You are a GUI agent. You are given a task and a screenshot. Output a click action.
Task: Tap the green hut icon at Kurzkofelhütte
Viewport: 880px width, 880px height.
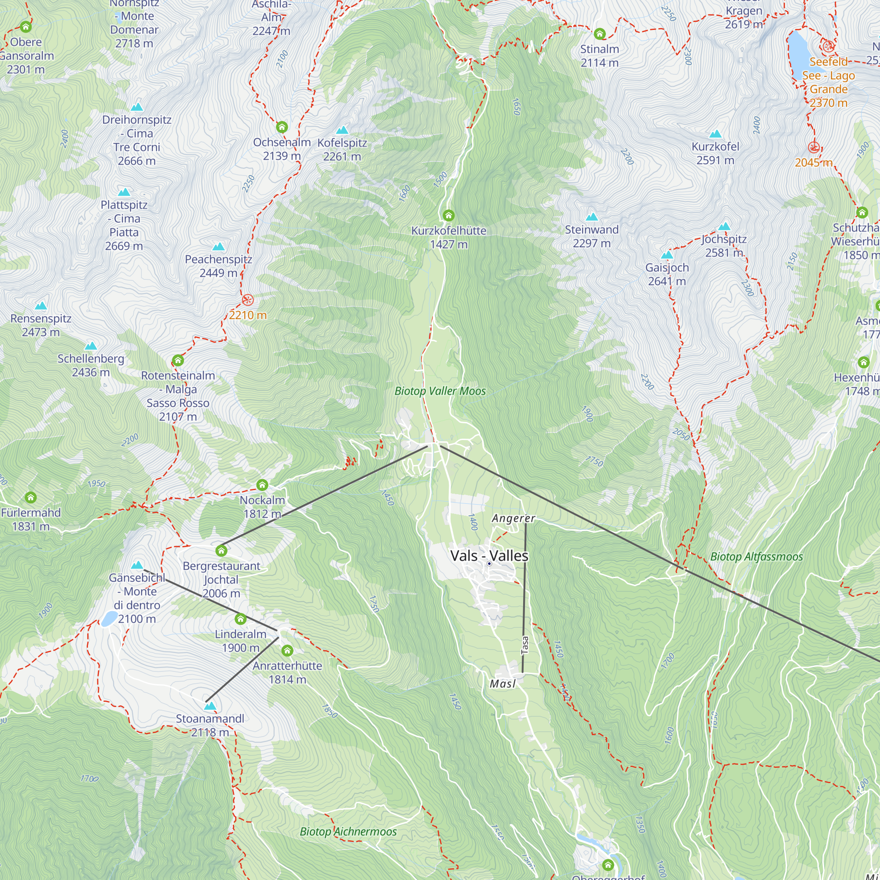(x=449, y=216)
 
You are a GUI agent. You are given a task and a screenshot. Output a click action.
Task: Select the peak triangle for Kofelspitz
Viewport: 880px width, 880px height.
(x=342, y=130)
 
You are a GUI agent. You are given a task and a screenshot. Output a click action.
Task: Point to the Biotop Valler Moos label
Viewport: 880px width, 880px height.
(x=440, y=391)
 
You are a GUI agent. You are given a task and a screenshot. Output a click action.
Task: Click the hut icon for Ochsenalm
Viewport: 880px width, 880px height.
(x=282, y=127)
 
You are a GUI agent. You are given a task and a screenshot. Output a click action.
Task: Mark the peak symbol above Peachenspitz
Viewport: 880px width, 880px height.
(x=219, y=247)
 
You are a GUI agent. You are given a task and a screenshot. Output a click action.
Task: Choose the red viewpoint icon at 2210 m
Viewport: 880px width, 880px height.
(x=247, y=300)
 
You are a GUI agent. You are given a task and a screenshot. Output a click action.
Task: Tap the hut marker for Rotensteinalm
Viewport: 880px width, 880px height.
(x=178, y=361)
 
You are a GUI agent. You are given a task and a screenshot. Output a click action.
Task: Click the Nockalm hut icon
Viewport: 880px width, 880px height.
(x=262, y=484)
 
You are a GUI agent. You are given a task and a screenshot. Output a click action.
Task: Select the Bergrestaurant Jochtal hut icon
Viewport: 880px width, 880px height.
(x=221, y=551)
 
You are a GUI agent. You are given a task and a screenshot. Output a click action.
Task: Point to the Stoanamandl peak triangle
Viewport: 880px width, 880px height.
(x=209, y=706)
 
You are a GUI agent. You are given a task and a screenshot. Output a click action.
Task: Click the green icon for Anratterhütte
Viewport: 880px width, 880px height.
(x=287, y=650)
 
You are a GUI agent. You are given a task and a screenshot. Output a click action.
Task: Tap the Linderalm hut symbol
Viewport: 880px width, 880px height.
(x=241, y=619)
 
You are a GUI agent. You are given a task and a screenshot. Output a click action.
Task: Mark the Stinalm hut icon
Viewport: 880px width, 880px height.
(x=599, y=34)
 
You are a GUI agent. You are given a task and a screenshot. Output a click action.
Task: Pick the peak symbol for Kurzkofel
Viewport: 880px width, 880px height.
(x=715, y=134)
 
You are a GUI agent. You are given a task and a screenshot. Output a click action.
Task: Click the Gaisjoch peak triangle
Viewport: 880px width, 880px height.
(x=667, y=255)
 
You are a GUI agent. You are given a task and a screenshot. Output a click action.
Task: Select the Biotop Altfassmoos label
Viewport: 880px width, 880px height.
(x=756, y=557)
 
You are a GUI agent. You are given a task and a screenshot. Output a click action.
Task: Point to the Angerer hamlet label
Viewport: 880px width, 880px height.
(x=513, y=518)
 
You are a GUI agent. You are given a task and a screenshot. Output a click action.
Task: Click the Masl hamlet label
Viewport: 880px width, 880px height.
(x=502, y=684)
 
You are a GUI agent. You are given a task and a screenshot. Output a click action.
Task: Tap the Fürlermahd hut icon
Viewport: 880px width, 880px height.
(x=30, y=497)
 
